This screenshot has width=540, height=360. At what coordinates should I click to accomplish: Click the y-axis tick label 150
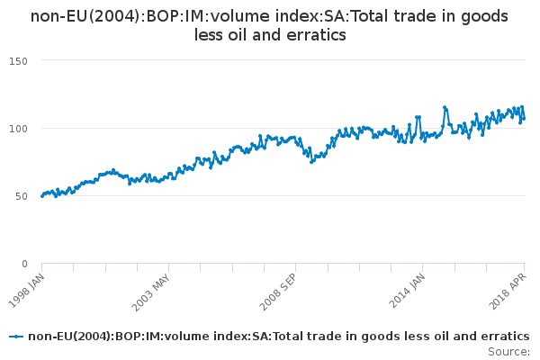tap(19, 60)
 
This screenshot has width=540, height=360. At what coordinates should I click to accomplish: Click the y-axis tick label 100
tap(19, 128)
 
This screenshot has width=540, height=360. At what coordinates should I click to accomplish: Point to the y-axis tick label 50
tap(22, 195)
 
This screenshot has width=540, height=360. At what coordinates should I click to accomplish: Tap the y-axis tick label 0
tap(24, 264)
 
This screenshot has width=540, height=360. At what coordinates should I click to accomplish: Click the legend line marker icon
tap(16, 337)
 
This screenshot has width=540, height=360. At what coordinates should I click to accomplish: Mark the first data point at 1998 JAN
tap(42, 195)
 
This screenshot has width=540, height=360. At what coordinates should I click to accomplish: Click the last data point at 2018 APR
tap(525, 119)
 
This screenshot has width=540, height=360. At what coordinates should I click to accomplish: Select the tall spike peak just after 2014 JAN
tap(445, 107)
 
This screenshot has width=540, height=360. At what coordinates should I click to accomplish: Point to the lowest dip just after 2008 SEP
tap(311, 162)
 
